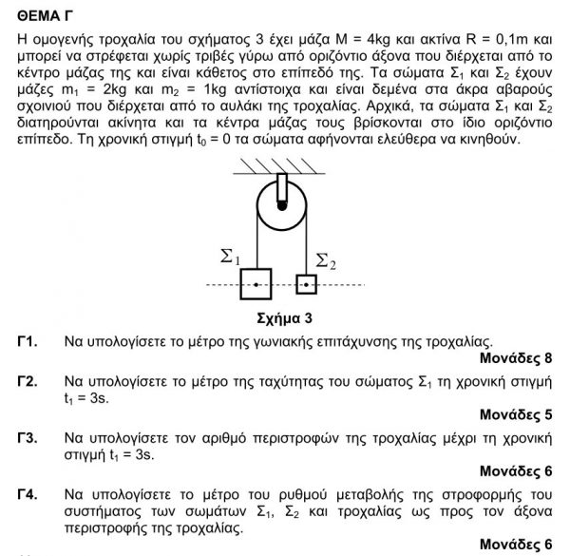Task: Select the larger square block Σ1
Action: (256, 283)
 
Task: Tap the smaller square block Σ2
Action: (306, 284)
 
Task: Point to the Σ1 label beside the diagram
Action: (231, 256)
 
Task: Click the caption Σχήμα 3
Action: (285, 317)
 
